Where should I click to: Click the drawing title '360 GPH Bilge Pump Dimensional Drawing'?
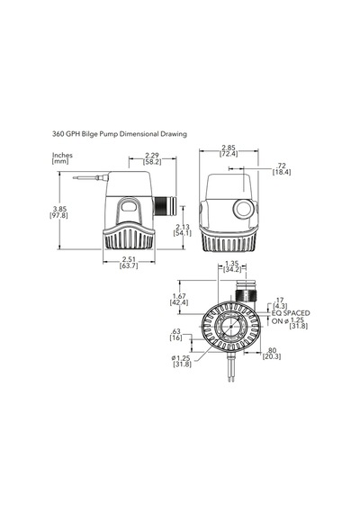(120, 134)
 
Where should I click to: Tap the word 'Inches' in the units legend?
(62, 155)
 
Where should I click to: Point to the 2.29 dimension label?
(151, 155)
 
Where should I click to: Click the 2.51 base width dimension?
(129, 259)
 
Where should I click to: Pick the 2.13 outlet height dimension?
(183, 227)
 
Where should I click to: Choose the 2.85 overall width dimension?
(229, 148)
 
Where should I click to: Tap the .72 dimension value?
(282, 166)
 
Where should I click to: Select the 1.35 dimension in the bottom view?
(232, 263)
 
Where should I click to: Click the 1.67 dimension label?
(179, 296)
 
